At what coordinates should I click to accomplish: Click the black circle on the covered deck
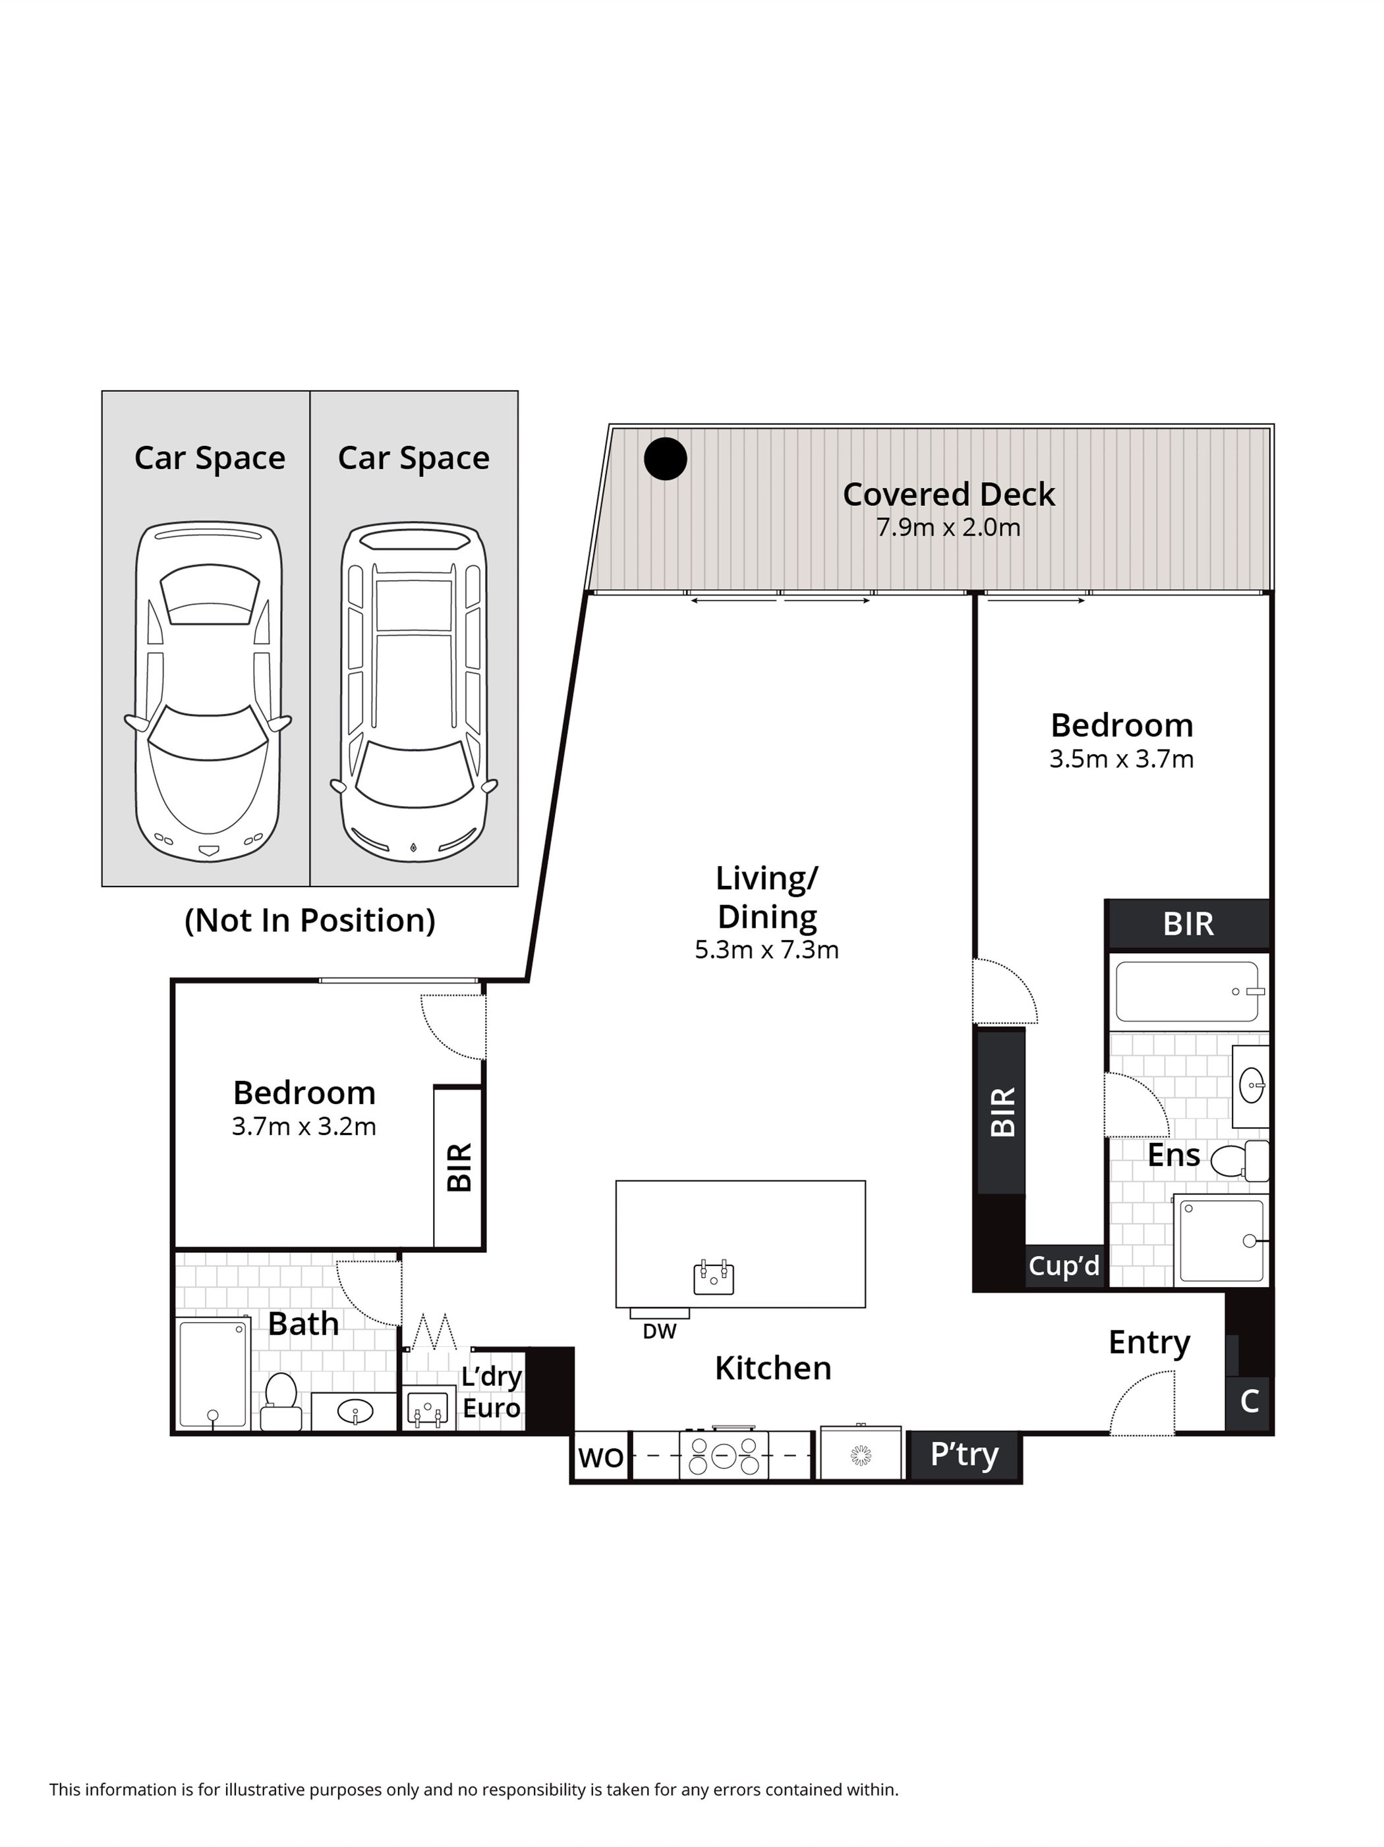[x=665, y=458]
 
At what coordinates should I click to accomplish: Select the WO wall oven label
[x=600, y=1457]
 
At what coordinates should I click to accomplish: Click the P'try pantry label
[x=964, y=1454]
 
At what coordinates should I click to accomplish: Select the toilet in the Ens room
[x=1238, y=1161]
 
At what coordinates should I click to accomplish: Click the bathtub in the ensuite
[x=1187, y=992]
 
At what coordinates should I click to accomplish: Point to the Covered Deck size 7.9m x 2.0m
[x=948, y=528]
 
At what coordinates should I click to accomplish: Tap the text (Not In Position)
[x=310, y=920]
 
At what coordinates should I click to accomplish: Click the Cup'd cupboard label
[x=1063, y=1265]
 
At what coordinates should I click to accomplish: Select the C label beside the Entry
[x=1249, y=1400]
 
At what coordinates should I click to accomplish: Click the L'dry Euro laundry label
[x=491, y=1392]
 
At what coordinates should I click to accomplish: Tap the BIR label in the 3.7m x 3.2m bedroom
[x=459, y=1167]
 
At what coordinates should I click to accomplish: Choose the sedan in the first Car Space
[x=208, y=692]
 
